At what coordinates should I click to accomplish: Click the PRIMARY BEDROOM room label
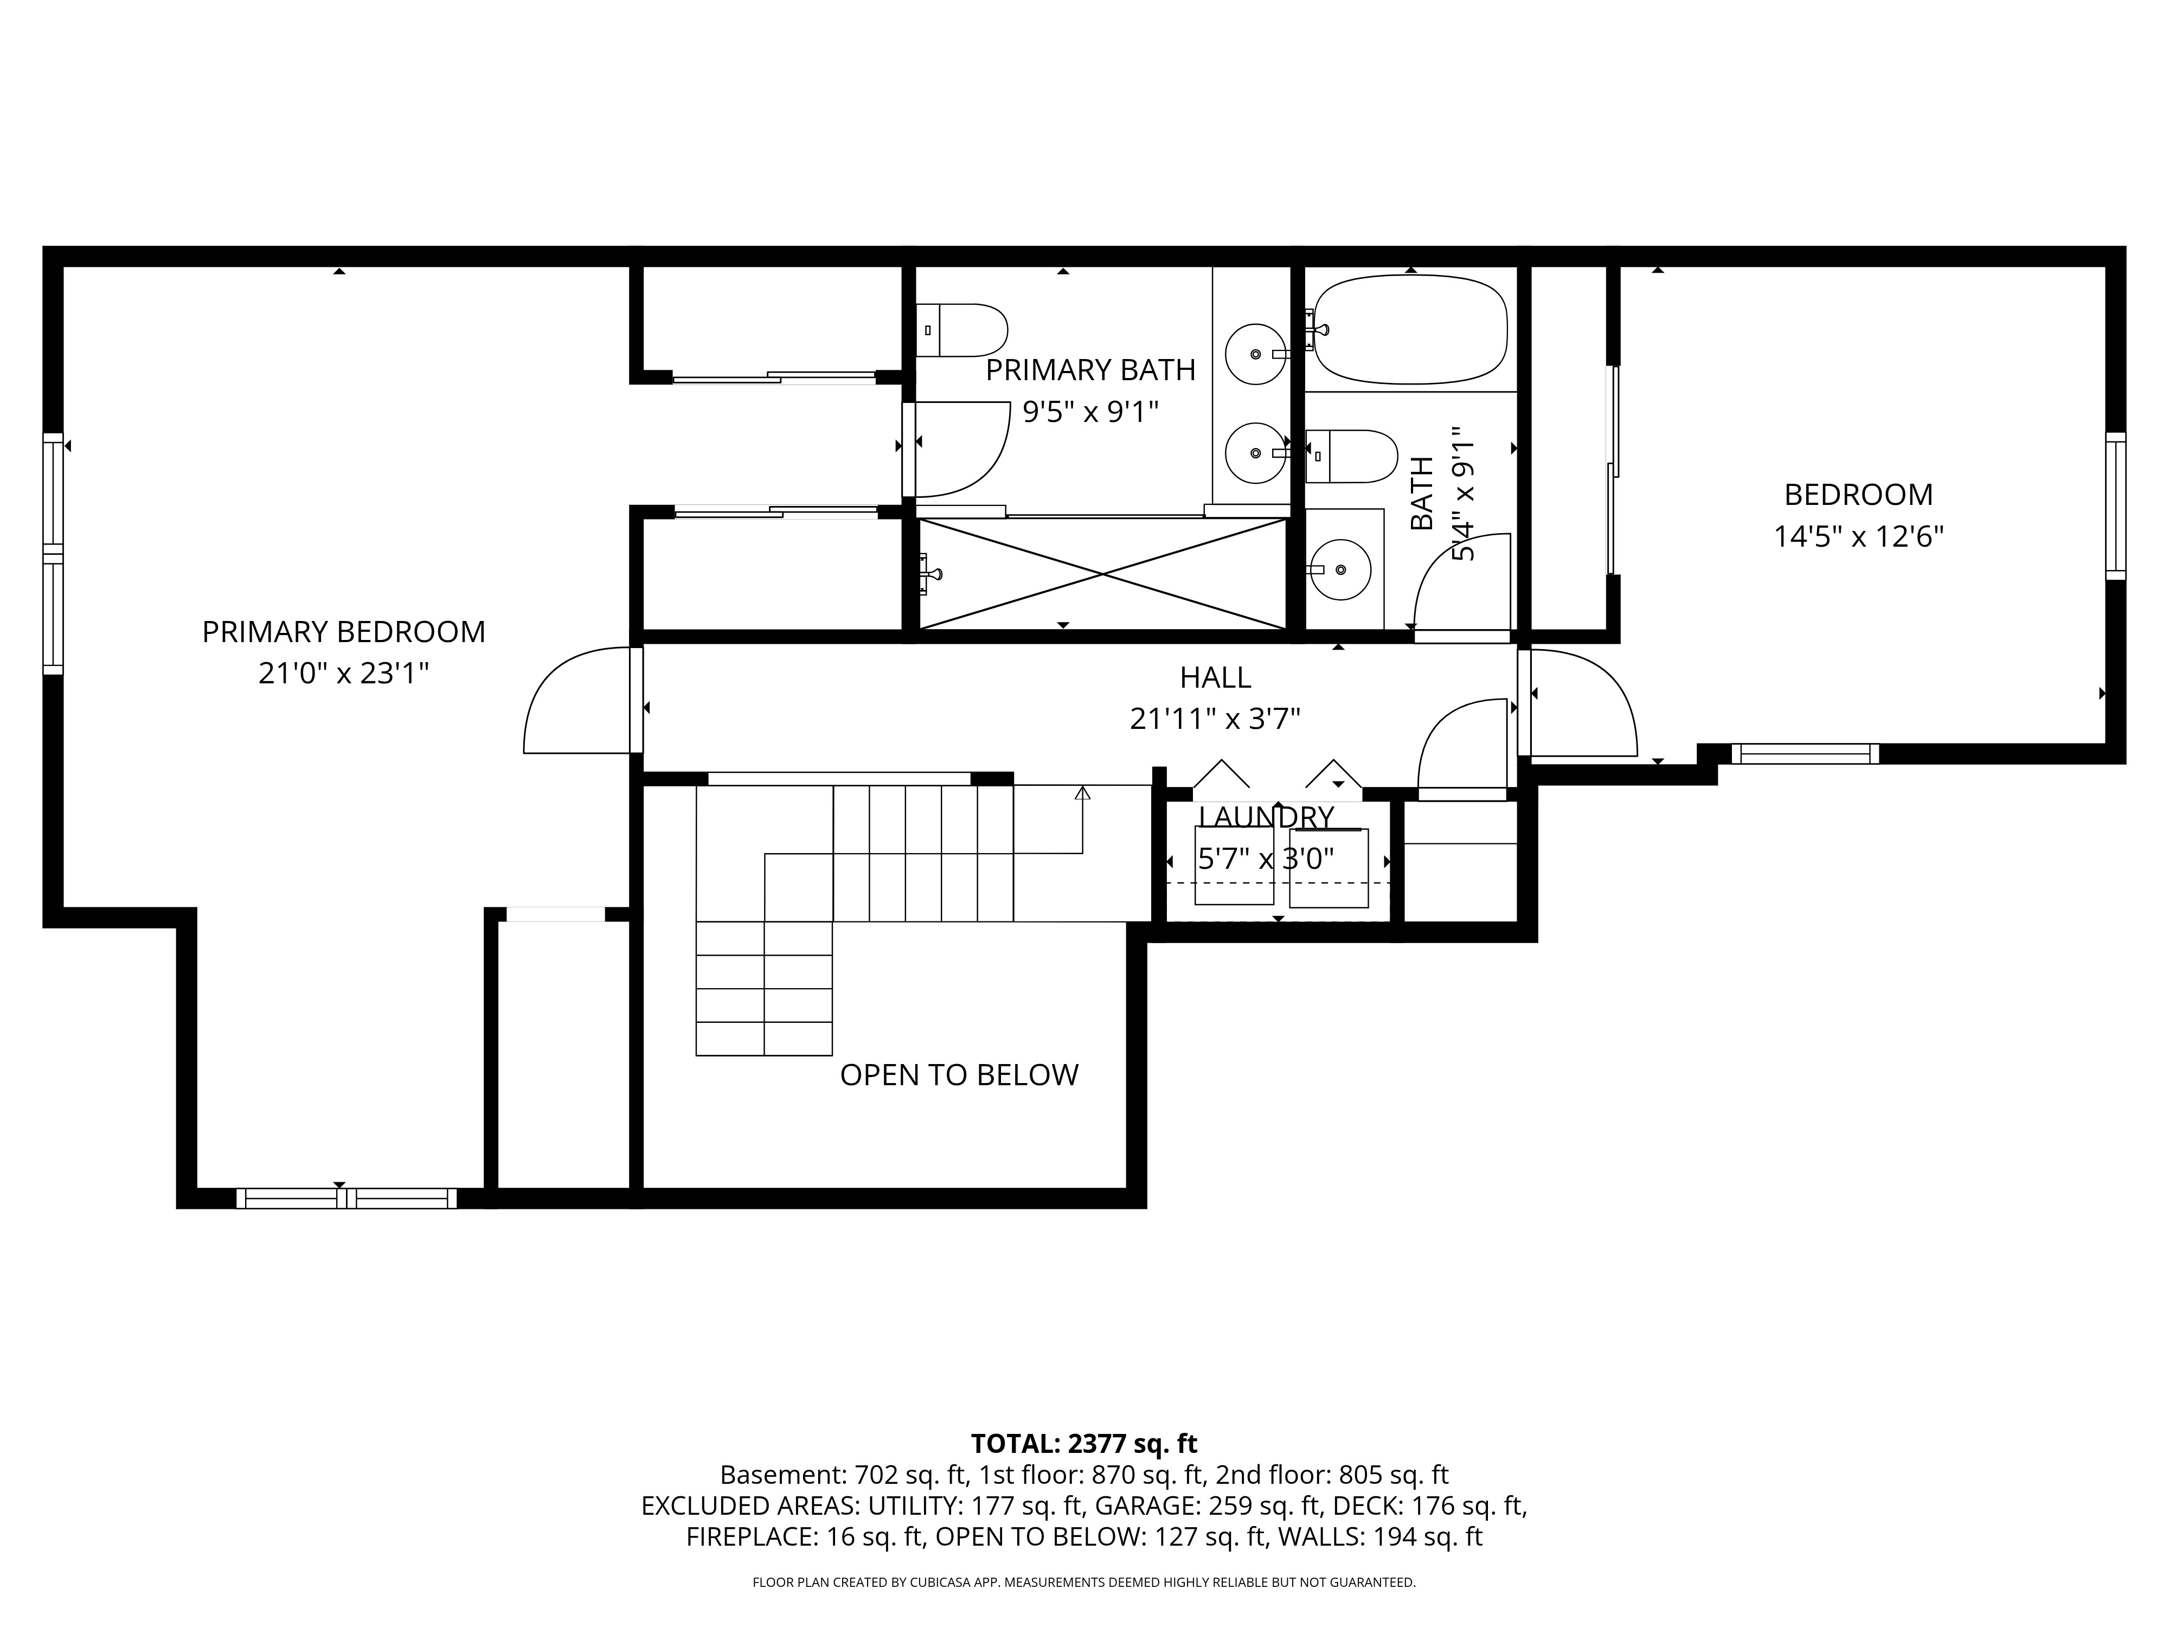343,632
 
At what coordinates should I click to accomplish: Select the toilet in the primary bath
962,330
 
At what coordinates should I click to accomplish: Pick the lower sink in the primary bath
1256,453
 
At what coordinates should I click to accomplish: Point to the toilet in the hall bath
1351,456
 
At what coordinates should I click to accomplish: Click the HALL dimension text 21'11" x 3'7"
1215,719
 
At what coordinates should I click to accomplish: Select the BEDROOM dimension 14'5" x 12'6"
1858,536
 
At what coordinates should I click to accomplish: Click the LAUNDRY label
1266,817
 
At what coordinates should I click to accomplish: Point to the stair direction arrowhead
1082,792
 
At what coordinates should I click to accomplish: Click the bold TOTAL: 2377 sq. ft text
1083,1444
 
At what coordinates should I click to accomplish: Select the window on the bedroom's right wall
2115,506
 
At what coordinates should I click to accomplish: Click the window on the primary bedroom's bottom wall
346,1197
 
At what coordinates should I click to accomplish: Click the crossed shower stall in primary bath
1102,574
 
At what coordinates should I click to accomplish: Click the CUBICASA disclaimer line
1083,1582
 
